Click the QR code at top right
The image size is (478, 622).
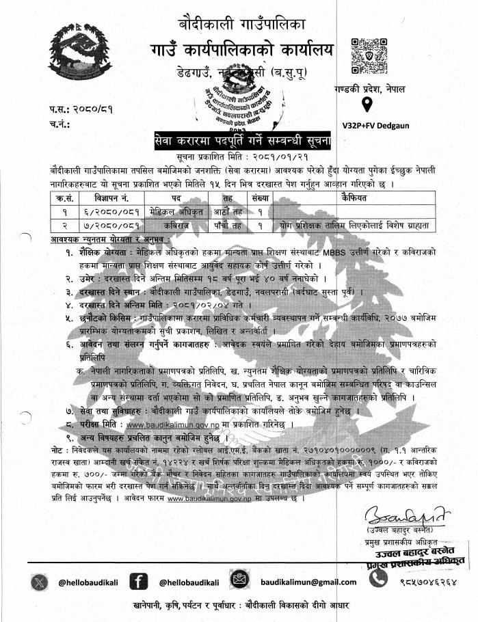point(364,55)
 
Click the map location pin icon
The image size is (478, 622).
point(366,105)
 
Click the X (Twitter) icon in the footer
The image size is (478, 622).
point(38,582)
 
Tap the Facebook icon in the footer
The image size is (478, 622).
point(138,582)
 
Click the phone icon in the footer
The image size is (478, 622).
point(378,582)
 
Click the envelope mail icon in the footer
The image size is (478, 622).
point(238,582)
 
